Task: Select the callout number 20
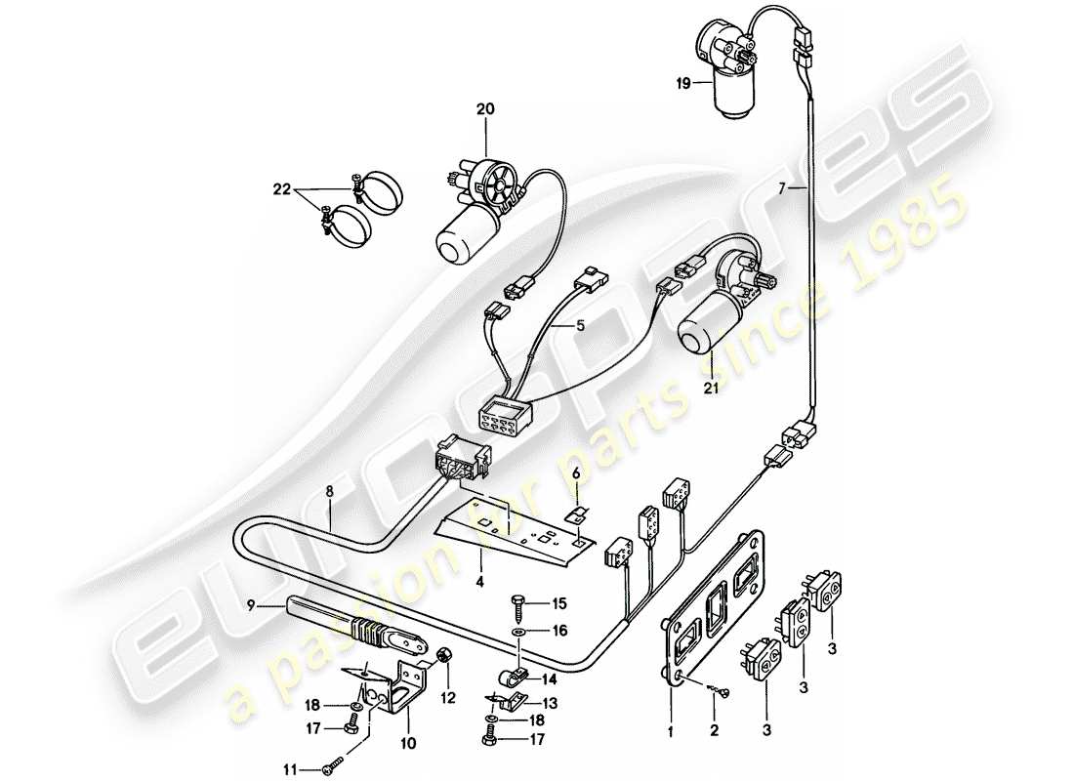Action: tap(485, 110)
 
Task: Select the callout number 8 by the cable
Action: tap(330, 494)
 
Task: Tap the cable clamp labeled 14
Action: tap(508, 676)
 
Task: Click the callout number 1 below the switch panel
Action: tap(672, 729)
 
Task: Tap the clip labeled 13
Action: tap(505, 698)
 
